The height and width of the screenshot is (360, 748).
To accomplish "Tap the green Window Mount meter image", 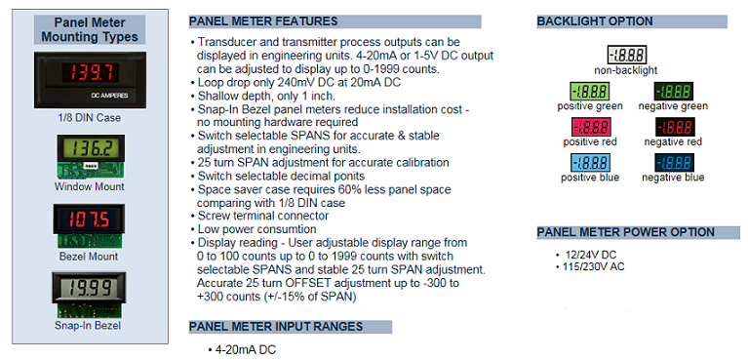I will pyautogui.click(x=91, y=151).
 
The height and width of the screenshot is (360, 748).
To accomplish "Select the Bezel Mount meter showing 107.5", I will pyautogui.click(x=91, y=220).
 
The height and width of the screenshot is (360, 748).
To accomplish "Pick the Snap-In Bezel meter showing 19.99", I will pyautogui.click(x=91, y=290).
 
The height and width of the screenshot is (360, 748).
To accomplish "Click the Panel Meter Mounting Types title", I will pyautogui.click(x=91, y=28).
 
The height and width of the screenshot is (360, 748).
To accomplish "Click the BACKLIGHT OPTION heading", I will pyautogui.click(x=595, y=20).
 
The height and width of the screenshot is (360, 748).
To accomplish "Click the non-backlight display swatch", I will pyautogui.click(x=625, y=55).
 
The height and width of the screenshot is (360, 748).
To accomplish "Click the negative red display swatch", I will pyautogui.click(x=672, y=127).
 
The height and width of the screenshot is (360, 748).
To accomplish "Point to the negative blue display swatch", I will pyautogui.click(x=672, y=163).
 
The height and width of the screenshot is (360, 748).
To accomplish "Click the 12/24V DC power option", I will pyautogui.click(x=591, y=256).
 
